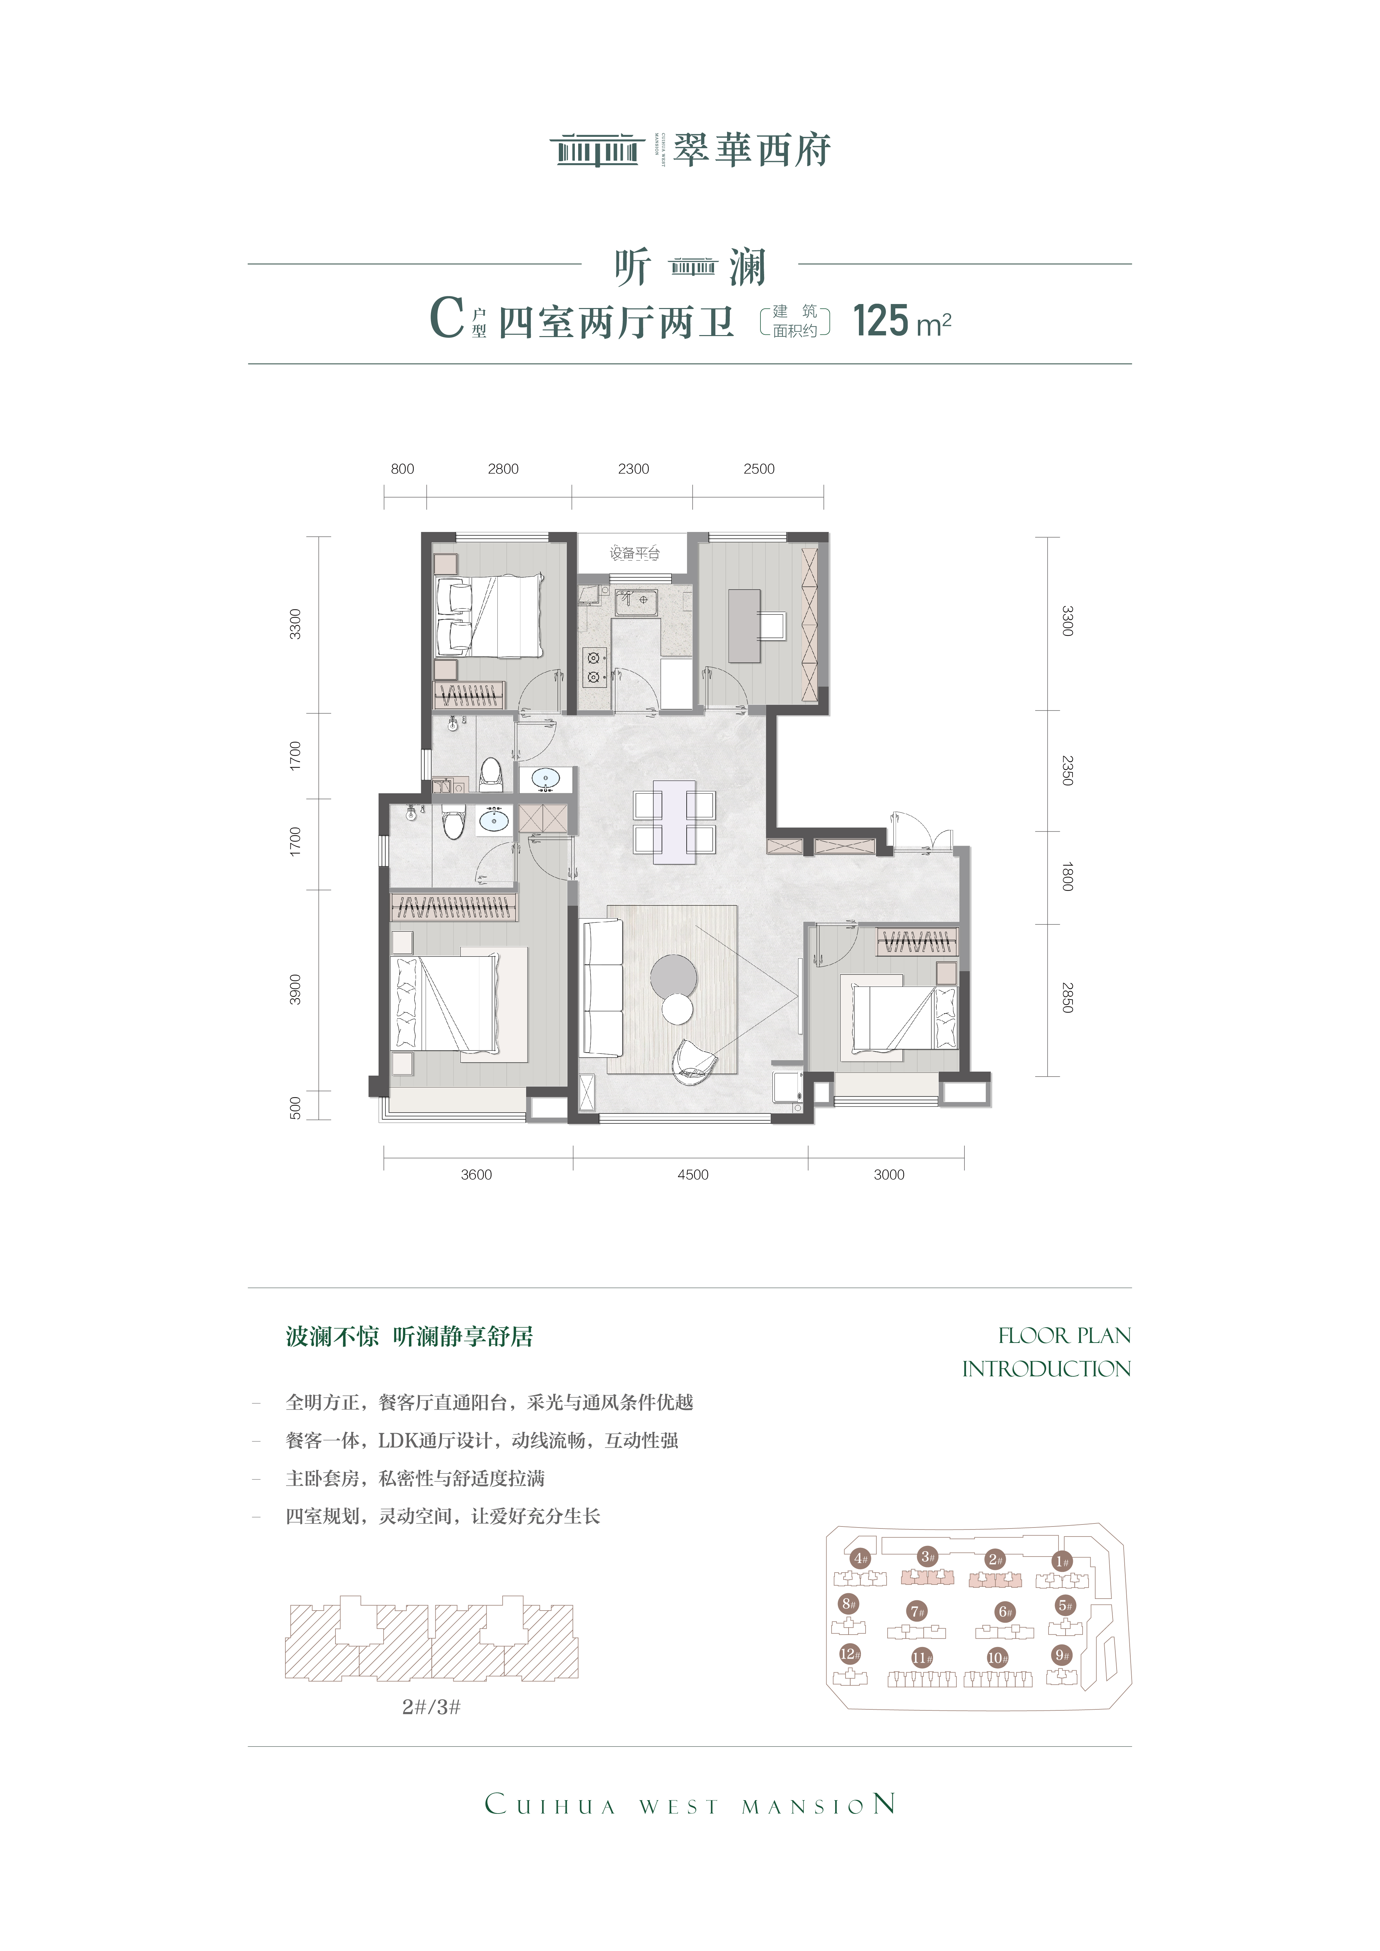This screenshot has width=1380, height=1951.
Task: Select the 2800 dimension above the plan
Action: (503, 469)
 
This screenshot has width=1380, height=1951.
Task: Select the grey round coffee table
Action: (674, 977)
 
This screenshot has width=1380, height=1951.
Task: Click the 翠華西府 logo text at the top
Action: (752, 151)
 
